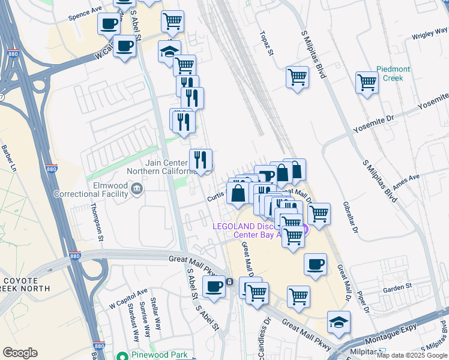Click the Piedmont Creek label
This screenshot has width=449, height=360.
coord(393,74)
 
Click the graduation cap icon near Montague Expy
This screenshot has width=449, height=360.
coord(339,322)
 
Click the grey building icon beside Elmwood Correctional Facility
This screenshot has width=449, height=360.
coord(137,191)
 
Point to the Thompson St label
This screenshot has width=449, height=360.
coord(97,221)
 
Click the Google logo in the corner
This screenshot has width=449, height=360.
coord(20,353)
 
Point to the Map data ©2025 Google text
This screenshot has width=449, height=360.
coord(412,355)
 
